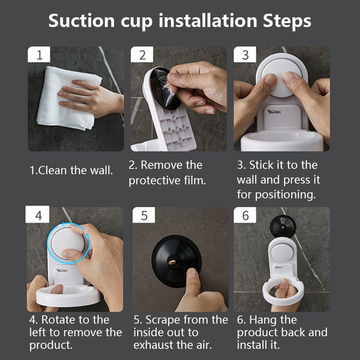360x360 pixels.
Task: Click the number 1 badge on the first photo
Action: click(39, 54)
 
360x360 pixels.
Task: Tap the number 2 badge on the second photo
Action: click(142, 54)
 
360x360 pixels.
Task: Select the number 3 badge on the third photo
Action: click(245, 54)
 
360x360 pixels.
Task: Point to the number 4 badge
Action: click(37, 214)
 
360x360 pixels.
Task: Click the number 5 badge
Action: click(144, 215)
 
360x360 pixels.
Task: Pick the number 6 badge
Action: click(245, 215)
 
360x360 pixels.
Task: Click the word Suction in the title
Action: click(81, 21)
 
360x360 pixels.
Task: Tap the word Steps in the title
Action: click(287, 21)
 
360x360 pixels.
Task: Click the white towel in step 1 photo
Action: click(67, 99)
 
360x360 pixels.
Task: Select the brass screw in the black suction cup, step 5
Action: click(172, 262)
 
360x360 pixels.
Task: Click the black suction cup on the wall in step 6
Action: click(283, 226)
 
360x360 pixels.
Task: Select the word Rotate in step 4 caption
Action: click(58, 320)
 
